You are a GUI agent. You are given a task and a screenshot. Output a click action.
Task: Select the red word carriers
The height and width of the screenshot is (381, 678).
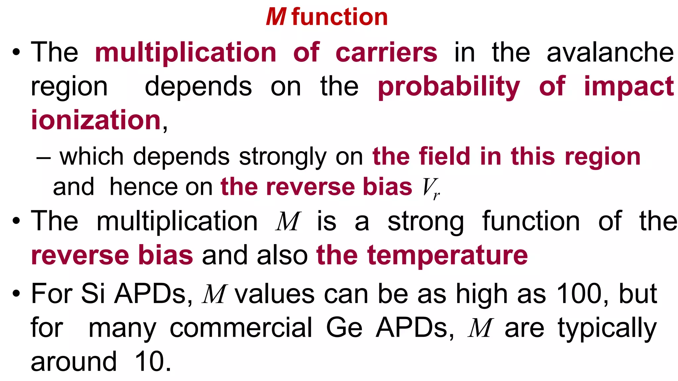[x=386, y=53]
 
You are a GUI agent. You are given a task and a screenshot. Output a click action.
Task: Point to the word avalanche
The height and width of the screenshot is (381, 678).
[x=610, y=53]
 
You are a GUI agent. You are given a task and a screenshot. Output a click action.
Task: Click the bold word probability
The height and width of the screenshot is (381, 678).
[x=449, y=87]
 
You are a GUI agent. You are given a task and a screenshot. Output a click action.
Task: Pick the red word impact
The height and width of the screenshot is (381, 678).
[x=629, y=87]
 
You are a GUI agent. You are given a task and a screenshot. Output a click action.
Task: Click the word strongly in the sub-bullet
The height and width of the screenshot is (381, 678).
[x=283, y=157]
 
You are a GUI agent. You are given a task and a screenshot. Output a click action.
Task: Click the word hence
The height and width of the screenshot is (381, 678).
[x=144, y=187]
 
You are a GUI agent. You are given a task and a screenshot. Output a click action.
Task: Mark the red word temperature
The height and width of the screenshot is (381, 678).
[x=447, y=256]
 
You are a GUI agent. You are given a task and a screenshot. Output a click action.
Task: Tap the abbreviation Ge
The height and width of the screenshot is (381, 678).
[x=344, y=328]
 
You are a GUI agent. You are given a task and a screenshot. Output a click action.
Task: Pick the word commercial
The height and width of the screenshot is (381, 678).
[x=241, y=328]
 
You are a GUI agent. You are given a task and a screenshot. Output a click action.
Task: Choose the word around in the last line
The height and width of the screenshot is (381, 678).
[x=74, y=362]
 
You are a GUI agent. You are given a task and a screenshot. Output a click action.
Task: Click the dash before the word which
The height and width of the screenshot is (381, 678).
[x=44, y=158]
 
